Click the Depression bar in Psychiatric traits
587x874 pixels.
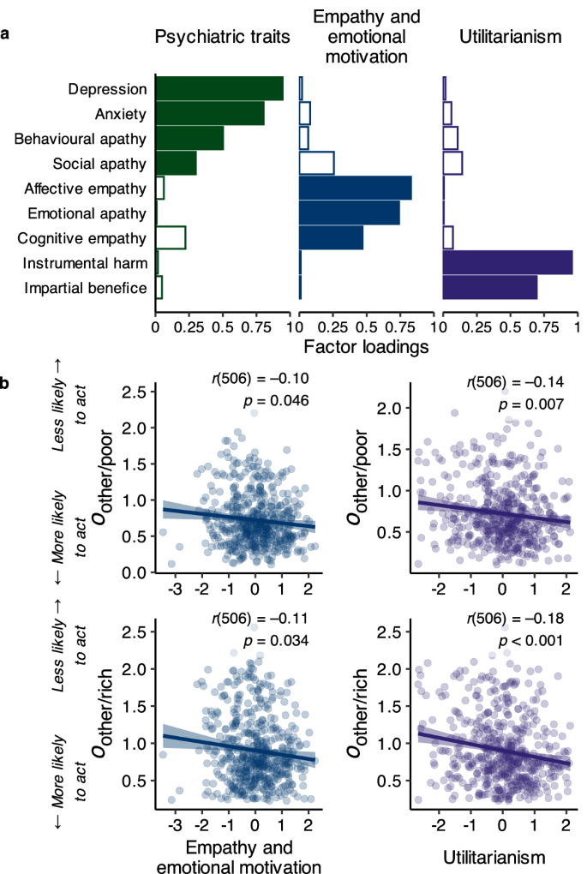pyautogui.click(x=219, y=88)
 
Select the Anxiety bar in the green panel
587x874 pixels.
pyautogui.click(x=209, y=113)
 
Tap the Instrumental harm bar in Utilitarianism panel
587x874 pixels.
pyautogui.click(x=506, y=262)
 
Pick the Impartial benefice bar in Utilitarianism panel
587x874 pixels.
pyautogui.click(x=489, y=287)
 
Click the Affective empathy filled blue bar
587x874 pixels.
pyautogui.click(x=355, y=188)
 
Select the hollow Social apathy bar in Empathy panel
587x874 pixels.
pyautogui.click(x=316, y=163)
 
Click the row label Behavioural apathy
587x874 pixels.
pyautogui.click(x=80, y=139)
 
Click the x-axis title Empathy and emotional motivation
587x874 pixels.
pyautogui.click(x=236, y=855)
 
